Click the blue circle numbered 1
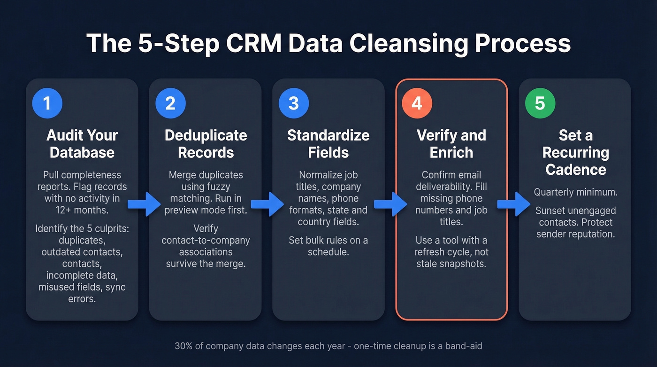pos(47,103)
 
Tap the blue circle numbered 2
pos(170,103)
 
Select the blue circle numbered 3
pos(294,103)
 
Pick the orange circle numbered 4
pos(417,103)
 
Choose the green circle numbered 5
pos(540,103)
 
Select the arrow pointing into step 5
pos(513,204)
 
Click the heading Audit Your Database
pos(82,144)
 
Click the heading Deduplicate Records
pos(206,144)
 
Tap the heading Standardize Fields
pos(328,144)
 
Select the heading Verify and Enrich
pos(451,144)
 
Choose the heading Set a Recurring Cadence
pos(575,152)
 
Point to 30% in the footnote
pos(183,346)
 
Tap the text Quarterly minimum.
pos(575,192)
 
